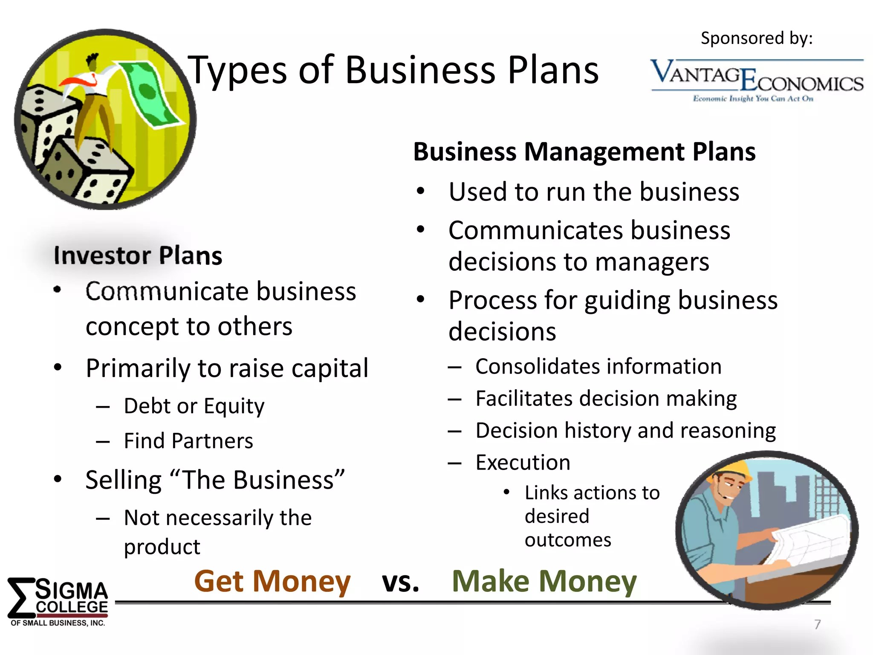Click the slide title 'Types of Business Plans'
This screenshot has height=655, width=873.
point(393,70)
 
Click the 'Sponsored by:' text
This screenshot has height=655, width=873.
point(757,38)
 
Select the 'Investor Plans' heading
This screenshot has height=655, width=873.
point(138,256)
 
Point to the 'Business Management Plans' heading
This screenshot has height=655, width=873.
point(584,152)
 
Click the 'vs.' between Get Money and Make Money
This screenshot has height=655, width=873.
point(400,582)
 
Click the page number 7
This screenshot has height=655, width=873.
point(817,624)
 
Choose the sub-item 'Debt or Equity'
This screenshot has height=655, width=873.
point(194,406)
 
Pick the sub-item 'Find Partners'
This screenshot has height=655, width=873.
point(188,441)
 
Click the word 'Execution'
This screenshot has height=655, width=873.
point(523,463)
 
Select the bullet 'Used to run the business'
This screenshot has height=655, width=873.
point(594,192)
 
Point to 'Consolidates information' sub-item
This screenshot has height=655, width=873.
point(598,367)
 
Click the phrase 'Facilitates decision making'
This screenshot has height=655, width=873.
point(606,399)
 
